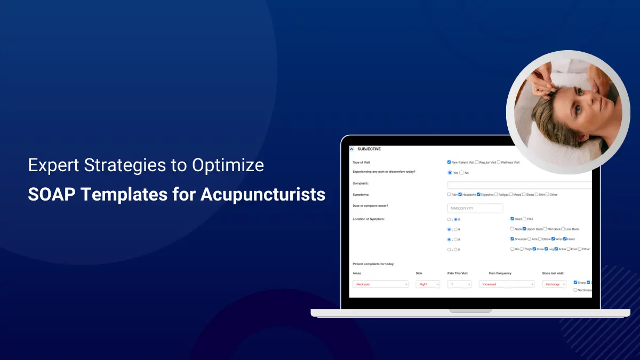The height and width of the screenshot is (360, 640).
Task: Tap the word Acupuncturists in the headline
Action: (263, 194)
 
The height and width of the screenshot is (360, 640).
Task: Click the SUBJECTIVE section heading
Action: (369, 149)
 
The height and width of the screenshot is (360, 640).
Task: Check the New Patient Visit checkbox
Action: (449, 162)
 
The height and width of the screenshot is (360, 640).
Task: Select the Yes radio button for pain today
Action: (450, 173)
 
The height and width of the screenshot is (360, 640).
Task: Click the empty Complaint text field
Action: (520, 185)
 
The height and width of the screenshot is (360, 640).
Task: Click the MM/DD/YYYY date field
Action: (475, 208)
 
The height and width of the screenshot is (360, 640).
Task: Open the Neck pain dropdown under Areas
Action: (380, 284)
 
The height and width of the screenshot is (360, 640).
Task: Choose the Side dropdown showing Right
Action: (428, 284)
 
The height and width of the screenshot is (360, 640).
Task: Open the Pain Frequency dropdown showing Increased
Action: (507, 284)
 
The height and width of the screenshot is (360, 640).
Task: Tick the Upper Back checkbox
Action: (524, 229)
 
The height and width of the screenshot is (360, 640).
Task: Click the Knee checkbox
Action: (534, 249)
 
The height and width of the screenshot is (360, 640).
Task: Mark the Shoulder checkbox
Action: (513, 239)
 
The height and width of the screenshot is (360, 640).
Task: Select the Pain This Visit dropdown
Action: (459, 284)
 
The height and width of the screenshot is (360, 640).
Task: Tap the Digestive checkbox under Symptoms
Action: (479, 195)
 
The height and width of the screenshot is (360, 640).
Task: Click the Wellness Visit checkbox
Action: (499, 162)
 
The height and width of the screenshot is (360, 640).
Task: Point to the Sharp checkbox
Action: (575, 282)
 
